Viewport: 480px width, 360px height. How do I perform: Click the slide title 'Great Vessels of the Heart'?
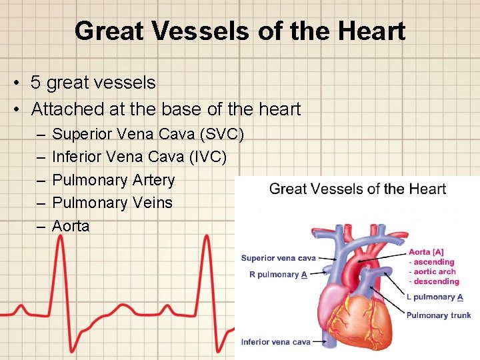point(240,31)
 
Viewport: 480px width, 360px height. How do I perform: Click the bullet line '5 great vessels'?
point(93,83)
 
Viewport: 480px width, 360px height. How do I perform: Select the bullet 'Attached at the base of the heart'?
point(166,109)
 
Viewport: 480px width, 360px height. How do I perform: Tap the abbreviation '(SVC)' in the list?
point(221,135)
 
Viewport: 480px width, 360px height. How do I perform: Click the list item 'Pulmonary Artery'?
point(113,180)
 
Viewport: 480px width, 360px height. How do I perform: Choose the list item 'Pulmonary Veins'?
point(112,203)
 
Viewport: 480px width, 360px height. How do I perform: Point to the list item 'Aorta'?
point(71,226)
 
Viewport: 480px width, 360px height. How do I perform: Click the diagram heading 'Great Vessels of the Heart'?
point(357,189)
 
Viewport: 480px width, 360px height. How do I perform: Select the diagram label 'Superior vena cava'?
point(278,258)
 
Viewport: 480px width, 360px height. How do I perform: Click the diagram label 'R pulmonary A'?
point(278,275)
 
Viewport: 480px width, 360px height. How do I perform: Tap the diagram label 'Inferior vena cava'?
point(276,342)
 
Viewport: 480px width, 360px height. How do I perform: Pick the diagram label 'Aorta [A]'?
point(426,252)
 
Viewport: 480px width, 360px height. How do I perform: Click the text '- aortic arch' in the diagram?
point(432,272)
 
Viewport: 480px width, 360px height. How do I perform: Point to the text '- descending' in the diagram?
point(434,281)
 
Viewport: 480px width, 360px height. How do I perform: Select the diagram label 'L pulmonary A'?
point(435,297)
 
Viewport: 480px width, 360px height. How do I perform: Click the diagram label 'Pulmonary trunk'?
point(438,315)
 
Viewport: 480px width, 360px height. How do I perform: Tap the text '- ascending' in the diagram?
point(431,262)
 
